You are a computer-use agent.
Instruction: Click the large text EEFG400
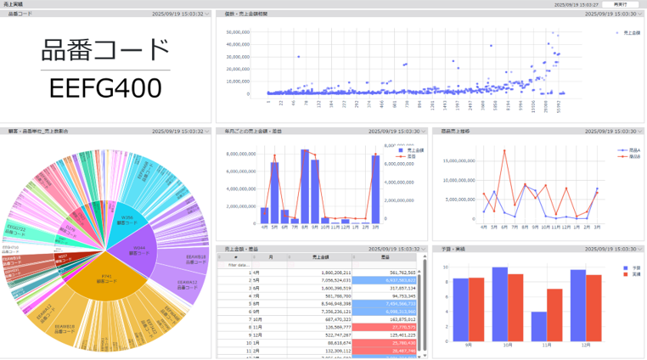click(105, 88)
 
